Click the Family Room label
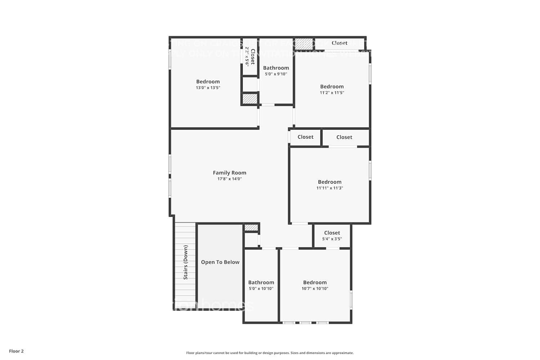pos(229,173)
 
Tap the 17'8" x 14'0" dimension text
pos(229,179)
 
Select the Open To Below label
pos(220,262)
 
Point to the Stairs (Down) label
pos(185,262)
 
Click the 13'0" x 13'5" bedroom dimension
pos(208,88)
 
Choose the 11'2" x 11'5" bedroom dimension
pos(332,93)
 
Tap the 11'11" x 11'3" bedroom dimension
pos(329,188)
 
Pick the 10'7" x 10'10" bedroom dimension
pos(315,288)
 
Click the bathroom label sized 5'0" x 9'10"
pos(276,68)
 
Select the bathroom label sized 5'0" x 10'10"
pos(261,283)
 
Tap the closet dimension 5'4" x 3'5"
pos(332,239)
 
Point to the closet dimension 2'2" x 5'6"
pos(247,57)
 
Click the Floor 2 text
pos(16,351)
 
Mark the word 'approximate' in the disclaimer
pos(343,353)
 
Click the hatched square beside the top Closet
pos(304,44)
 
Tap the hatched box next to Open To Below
pos(251,228)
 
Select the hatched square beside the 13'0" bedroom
pos(249,99)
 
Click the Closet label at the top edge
pos(339,43)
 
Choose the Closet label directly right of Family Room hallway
pos(305,137)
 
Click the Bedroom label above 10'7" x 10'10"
pos(315,283)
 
